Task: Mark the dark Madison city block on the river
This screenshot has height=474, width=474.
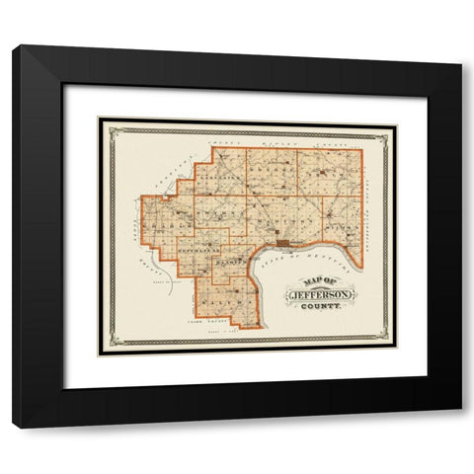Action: coord(283,243)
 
